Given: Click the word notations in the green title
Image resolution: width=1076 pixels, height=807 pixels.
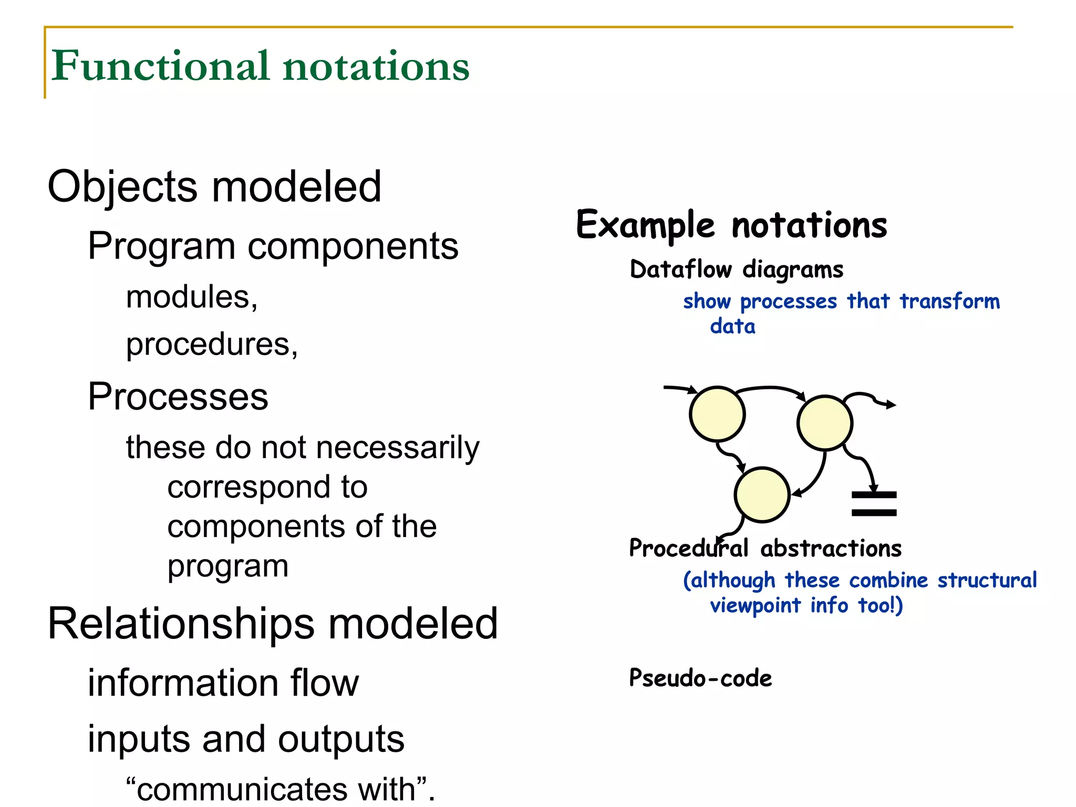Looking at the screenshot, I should (376, 67).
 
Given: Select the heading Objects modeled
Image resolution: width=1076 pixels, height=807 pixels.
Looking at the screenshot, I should (214, 187).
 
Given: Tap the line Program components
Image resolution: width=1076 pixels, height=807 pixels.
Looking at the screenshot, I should (273, 246).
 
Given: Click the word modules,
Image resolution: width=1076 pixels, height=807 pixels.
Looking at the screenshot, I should (192, 297).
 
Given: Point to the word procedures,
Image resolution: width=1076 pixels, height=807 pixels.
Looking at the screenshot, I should (212, 345).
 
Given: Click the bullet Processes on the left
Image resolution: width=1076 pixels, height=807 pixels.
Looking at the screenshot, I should (178, 397).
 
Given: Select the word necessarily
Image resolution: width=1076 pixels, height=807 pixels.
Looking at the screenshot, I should (398, 448).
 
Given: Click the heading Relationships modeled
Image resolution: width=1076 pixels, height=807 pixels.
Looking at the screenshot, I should (272, 624).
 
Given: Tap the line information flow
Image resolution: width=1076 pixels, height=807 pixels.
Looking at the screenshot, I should (223, 683).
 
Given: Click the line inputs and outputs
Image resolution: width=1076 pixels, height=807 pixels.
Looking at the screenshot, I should (246, 739).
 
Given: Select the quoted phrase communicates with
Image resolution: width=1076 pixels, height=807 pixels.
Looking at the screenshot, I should (281, 789).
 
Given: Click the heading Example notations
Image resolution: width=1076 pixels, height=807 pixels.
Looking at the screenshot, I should (731, 225).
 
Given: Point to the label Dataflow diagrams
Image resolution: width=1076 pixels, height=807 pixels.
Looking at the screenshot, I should (736, 270).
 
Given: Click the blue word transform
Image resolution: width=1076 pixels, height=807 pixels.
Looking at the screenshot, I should (949, 302).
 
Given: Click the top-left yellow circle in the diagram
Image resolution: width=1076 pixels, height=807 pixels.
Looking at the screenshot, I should (717, 414).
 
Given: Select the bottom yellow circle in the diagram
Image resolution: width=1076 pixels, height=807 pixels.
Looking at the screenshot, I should (762, 494).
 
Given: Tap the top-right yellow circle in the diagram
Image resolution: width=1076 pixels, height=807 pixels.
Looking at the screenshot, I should (824, 423).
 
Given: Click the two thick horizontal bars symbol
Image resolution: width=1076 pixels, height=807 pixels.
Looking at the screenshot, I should (874, 504).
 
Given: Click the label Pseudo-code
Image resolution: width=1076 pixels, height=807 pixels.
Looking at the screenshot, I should (700, 678).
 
